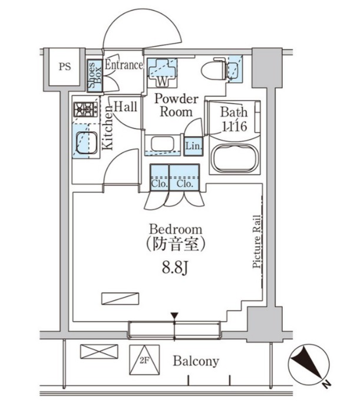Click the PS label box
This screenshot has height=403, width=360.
64,67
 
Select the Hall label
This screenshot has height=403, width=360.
125,107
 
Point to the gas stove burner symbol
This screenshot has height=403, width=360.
85,109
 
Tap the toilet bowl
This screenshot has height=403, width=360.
213,71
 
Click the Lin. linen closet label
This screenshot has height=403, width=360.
193,146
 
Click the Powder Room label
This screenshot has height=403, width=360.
176,105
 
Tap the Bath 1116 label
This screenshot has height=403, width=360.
233,118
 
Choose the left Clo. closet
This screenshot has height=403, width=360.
159,177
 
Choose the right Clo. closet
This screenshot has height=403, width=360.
184,177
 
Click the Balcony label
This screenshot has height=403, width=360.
196,361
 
